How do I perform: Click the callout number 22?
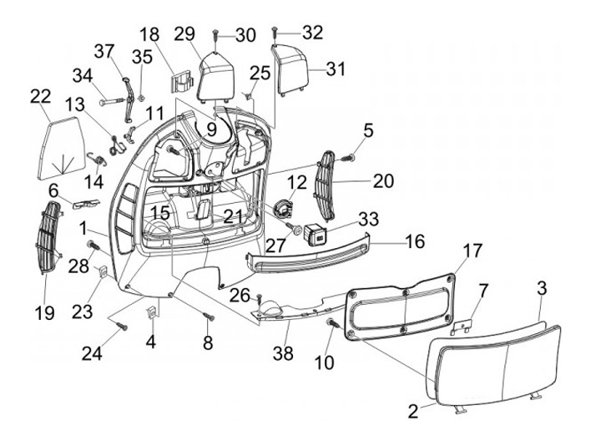(41, 96)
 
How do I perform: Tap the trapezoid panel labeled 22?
(62, 148)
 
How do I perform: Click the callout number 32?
(312, 33)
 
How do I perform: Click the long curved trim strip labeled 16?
(307, 254)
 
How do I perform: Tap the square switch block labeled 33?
(315, 234)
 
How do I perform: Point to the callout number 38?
(283, 353)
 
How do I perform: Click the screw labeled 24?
(122, 327)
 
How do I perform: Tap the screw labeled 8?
(210, 317)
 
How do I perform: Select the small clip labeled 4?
(152, 312)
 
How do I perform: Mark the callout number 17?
(472, 251)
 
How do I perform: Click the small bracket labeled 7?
(464, 324)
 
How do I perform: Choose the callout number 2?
(413, 412)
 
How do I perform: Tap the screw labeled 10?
(333, 323)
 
